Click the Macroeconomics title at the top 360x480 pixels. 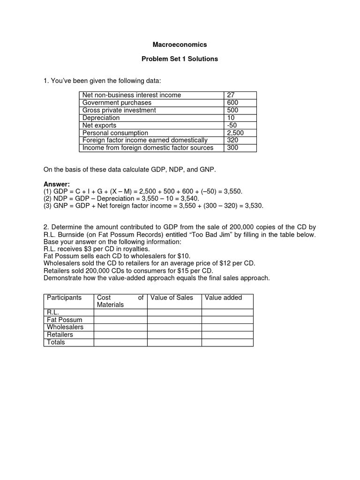click(180, 45)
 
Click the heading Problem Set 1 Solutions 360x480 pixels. click(180, 60)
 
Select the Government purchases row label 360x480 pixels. click(117, 103)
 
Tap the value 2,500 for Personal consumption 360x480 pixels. click(235, 133)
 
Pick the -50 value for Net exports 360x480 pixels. click(232, 126)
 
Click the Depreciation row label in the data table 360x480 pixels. click(101, 118)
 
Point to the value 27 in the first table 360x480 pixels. click(231, 95)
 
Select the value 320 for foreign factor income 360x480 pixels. click(232, 140)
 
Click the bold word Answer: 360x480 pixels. click(56, 184)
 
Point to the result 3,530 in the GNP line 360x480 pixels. click(254, 206)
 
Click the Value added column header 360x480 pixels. click(224, 298)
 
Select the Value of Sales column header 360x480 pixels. click(172, 298)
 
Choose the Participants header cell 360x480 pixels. click(64, 298)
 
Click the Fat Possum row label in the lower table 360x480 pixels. click(65, 320)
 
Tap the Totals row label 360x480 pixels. click(56, 343)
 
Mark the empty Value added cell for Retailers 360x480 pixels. click(227, 335)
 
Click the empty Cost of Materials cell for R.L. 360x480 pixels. click(120, 313)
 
